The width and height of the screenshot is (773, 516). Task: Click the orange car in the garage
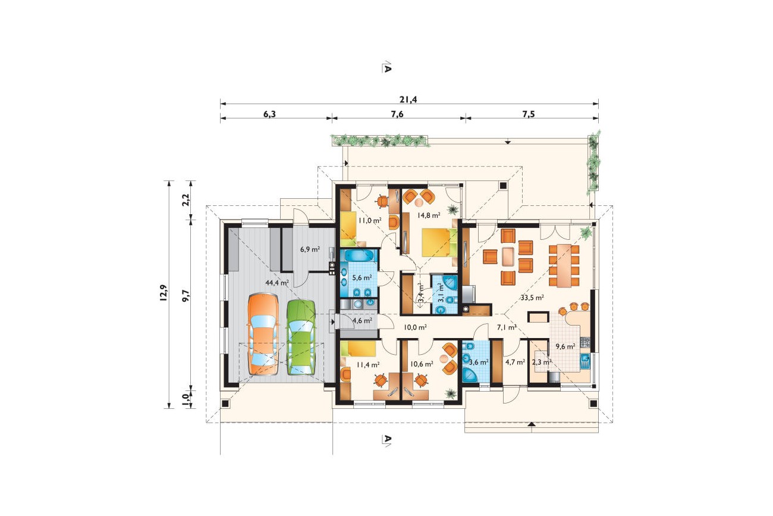(x=263, y=334)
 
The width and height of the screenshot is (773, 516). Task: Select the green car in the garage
(x=301, y=337)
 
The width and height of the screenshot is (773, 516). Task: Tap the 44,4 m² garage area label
(x=277, y=283)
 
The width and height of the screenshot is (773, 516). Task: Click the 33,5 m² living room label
(x=532, y=298)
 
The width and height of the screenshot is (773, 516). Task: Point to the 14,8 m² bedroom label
(x=429, y=215)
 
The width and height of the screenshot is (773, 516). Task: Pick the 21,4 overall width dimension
(x=409, y=99)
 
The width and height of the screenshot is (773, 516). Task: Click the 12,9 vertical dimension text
(x=164, y=293)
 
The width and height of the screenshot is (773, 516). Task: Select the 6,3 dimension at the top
(x=269, y=114)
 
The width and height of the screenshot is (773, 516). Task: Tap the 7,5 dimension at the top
(x=528, y=114)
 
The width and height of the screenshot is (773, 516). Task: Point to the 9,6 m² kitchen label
(x=565, y=346)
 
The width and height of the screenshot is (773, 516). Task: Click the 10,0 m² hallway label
(x=416, y=327)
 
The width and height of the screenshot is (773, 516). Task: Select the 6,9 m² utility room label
(x=310, y=249)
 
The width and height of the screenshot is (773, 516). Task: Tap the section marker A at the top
(x=386, y=68)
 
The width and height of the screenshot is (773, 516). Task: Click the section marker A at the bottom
(x=386, y=440)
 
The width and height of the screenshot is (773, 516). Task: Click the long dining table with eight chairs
(x=564, y=265)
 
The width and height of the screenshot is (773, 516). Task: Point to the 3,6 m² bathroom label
(x=478, y=362)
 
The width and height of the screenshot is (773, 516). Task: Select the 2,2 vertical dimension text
(x=186, y=199)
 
